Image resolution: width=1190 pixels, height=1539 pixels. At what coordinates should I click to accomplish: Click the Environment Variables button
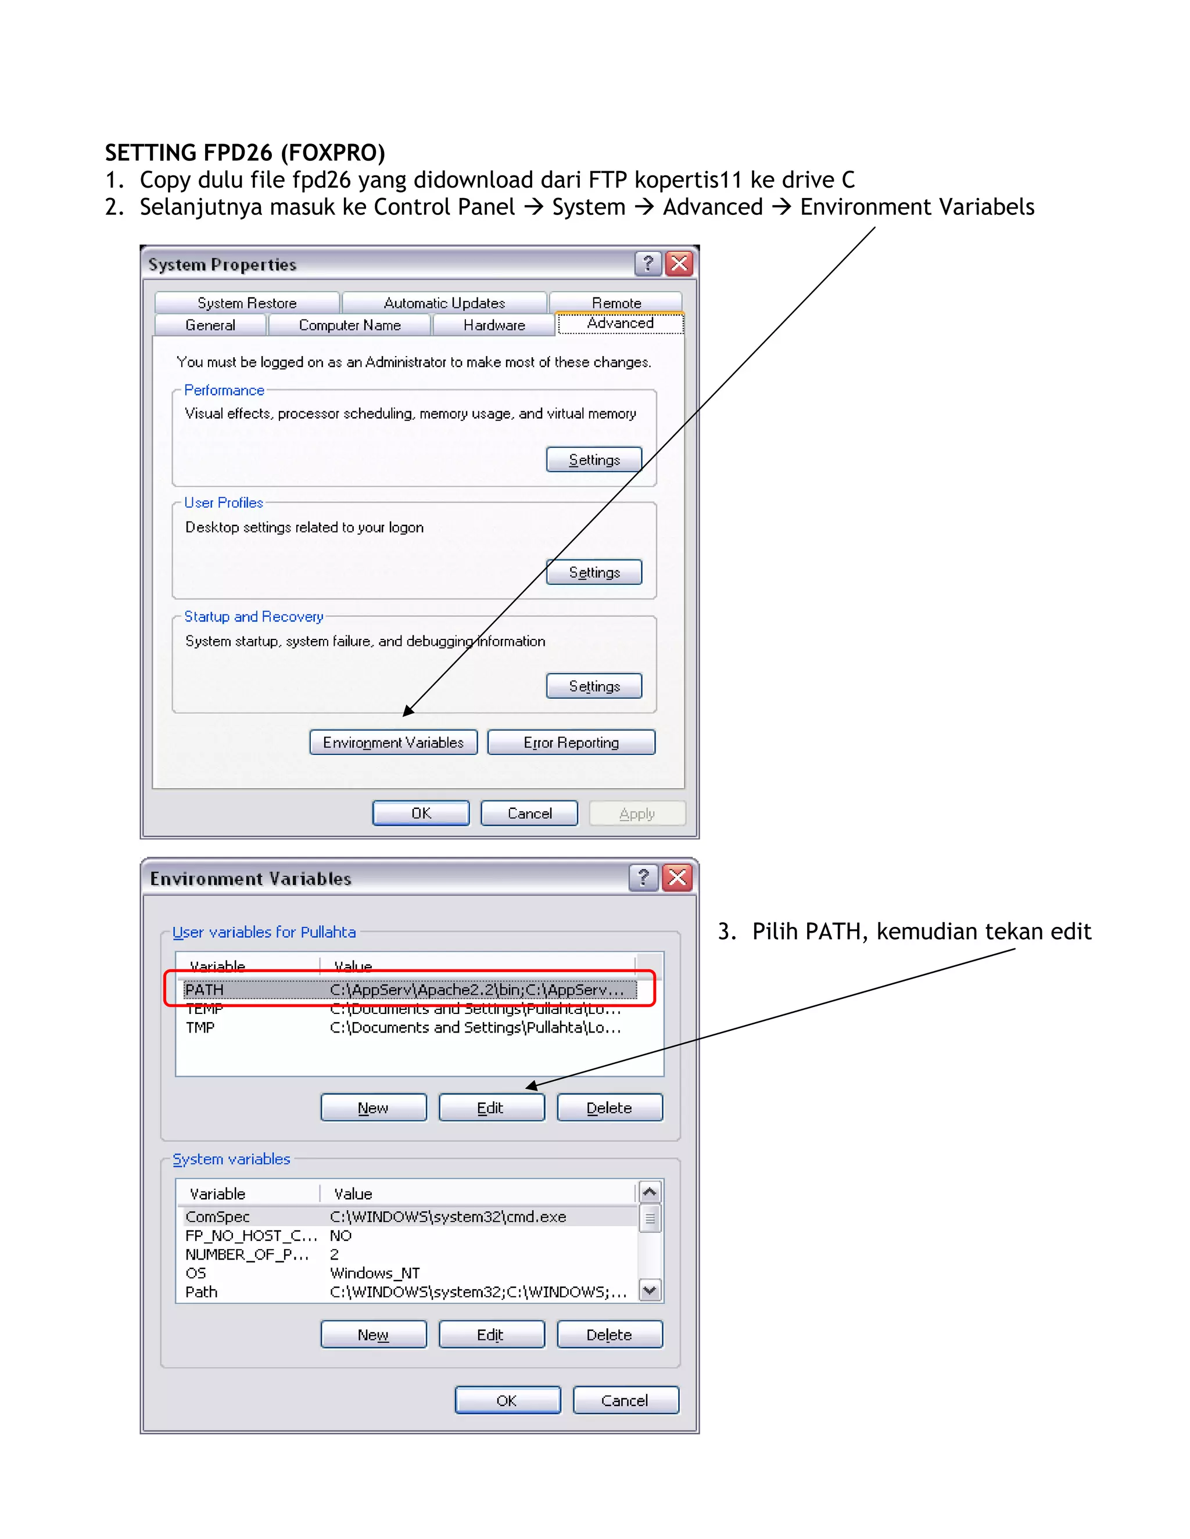click(393, 742)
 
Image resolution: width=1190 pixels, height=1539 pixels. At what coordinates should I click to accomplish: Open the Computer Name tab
click(350, 325)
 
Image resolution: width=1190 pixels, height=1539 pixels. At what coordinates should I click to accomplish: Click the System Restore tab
click(247, 303)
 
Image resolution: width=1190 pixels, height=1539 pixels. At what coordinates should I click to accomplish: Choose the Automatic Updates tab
click(444, 303)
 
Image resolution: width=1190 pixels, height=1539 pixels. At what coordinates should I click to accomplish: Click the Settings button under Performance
click(594, 459)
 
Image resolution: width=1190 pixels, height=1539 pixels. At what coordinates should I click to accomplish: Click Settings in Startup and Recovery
click(594, 686)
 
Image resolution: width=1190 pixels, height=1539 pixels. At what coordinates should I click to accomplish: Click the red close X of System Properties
click(680, 264)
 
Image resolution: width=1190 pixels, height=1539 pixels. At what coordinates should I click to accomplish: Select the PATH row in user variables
click(409, 990)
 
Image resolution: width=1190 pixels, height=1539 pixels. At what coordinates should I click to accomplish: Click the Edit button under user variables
click(492, 1107)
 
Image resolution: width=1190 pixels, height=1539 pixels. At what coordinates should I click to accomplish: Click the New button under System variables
click(373, 1334)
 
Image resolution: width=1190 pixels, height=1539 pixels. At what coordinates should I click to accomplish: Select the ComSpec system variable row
click(409, 1216)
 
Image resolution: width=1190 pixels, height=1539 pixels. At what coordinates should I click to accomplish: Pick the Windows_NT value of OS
click(375, 1272)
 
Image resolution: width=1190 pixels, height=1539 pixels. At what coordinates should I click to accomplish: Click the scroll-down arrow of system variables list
click(650, 1290)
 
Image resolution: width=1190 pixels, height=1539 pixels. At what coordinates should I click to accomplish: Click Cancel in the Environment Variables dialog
click(625, 1400)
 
